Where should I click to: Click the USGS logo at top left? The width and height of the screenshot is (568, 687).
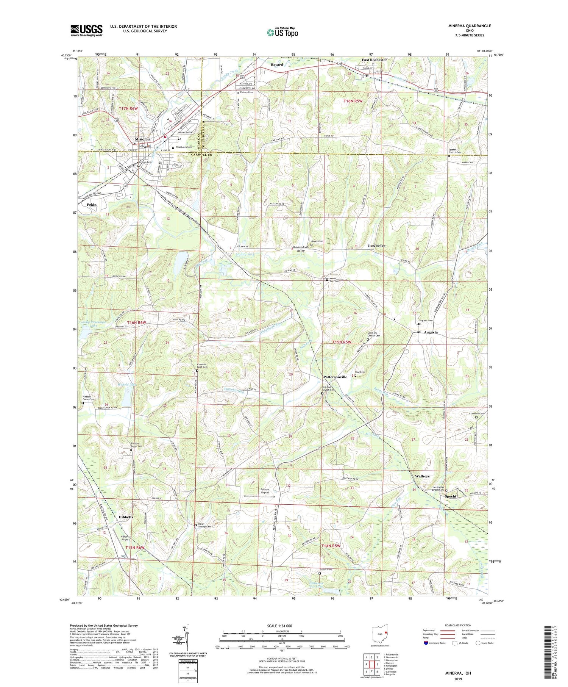click(86, 30)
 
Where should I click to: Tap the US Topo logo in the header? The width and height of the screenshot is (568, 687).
click(282, 33)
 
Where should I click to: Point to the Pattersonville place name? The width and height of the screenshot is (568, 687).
click(335, 377)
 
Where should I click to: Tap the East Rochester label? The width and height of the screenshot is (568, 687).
click(374, 60)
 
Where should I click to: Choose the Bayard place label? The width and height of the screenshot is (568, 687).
click(277, 65)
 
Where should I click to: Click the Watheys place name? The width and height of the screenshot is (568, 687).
click(422, 476)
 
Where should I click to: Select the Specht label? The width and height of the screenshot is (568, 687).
click(451, 496)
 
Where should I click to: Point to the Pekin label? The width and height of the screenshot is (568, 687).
click(92, 205)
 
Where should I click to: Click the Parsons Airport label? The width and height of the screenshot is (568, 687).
click(265, 491)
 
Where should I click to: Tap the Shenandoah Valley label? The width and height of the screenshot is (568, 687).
click(301, 249)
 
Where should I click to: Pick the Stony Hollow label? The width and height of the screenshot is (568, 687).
click(376, 246)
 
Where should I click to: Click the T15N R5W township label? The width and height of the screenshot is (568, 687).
click(342, 342)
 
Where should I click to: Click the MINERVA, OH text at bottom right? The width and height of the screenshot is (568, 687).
click(458, 673)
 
